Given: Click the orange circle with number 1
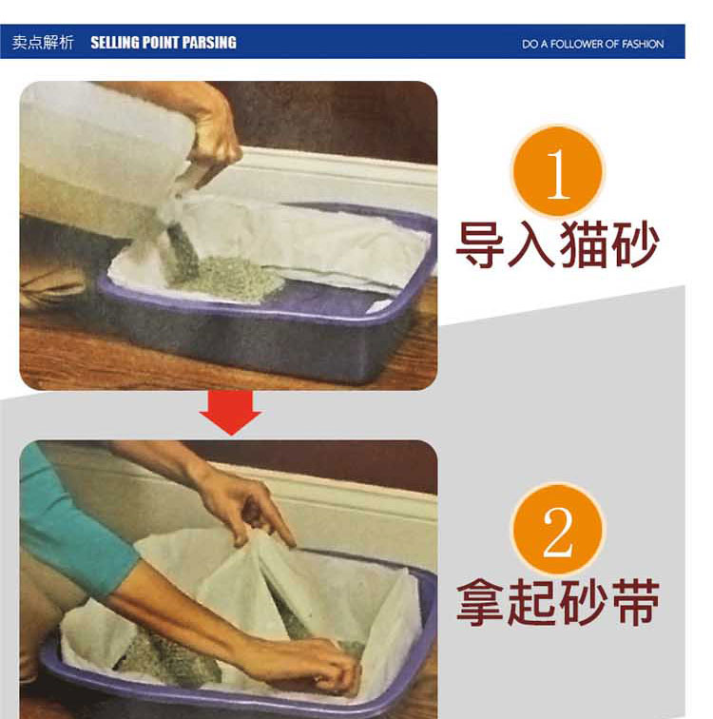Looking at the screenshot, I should click(558, 172).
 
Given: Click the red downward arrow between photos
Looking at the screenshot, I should click(229, 412).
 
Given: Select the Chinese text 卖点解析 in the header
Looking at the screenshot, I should click(42, 43).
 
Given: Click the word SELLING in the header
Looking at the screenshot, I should click(115, 43).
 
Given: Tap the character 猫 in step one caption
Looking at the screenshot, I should click(583, 245).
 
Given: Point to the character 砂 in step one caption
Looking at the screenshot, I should click(634, 245).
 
